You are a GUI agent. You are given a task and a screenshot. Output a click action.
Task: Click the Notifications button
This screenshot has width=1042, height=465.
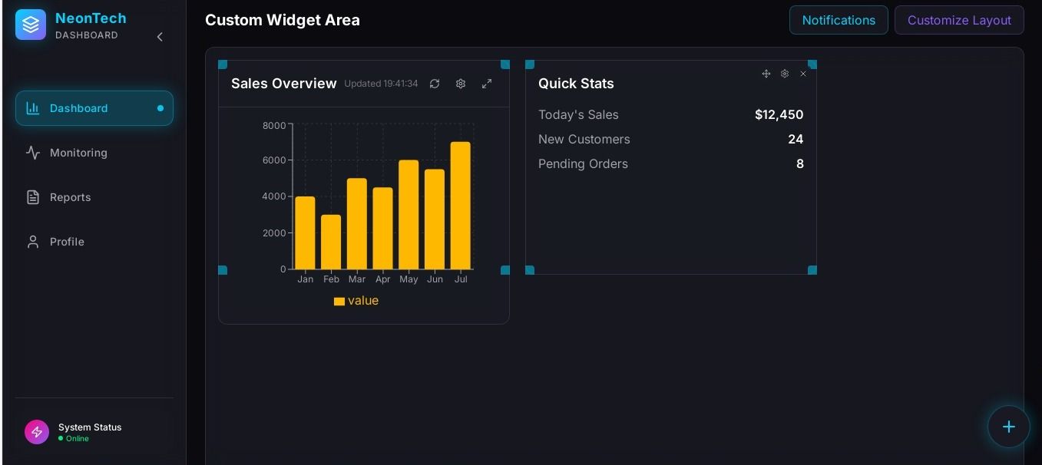point(838,20)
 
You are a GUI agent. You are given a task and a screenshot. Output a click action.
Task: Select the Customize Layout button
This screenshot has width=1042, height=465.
point(958,20)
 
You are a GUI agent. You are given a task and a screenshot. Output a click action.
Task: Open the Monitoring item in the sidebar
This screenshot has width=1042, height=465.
point(78,153)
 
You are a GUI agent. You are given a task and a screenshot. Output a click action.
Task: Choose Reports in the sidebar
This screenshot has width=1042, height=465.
point(70,197)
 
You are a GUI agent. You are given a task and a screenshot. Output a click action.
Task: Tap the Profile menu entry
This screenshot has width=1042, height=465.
point(67,242)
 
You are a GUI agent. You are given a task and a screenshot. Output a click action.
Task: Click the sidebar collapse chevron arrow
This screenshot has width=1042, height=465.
point(160,37)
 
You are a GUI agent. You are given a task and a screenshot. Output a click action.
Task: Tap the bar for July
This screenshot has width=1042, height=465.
point(461,206)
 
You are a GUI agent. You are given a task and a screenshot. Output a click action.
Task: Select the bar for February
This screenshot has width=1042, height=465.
point(331,242)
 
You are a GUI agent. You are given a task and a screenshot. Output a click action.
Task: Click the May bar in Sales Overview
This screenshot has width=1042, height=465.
point(409,215)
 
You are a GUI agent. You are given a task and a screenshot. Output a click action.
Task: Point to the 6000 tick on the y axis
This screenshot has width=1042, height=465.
point(274,160)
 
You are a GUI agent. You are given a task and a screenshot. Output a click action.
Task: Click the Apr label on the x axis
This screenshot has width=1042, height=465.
point(382,279)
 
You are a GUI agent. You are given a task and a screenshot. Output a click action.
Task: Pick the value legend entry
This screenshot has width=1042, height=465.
point(356,301)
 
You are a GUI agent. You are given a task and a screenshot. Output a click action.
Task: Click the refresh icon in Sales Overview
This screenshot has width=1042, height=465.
point(435,84)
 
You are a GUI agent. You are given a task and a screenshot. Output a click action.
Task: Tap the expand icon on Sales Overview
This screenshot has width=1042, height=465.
point(487,84)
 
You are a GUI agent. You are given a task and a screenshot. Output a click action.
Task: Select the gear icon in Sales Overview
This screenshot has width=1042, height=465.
point(461,84)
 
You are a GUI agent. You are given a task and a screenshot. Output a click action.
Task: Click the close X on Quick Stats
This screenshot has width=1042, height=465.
point(803,74)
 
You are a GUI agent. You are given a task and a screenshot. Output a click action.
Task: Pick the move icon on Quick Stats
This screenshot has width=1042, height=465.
point(766,74)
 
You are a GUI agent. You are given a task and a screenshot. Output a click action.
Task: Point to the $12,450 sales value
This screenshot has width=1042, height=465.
point(779,115)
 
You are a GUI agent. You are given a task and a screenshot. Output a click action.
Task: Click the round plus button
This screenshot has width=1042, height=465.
point(1008,427)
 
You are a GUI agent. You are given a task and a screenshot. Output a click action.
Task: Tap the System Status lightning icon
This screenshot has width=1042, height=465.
point(37,432)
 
